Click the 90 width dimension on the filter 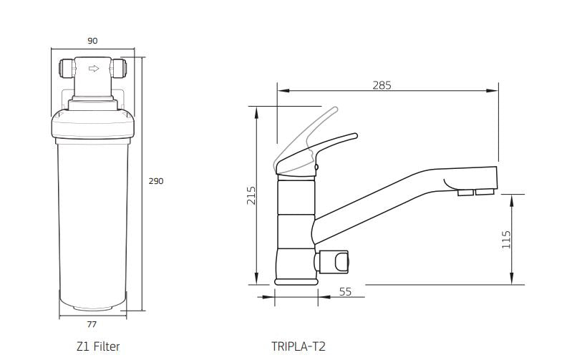pos(92,41)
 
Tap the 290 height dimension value pos(155,181)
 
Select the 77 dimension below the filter pos(92,324)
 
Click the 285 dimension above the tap pos(382,85)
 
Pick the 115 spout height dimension pos(506,239)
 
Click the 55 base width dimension pos(345,291)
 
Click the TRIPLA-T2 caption pos(299,346)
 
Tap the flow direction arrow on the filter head pos(92,69)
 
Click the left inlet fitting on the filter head pos(62,69)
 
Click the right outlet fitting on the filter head pos(122,69)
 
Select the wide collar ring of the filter pos(92,127)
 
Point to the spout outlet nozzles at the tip pos(475,191)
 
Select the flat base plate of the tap pos(295,281)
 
